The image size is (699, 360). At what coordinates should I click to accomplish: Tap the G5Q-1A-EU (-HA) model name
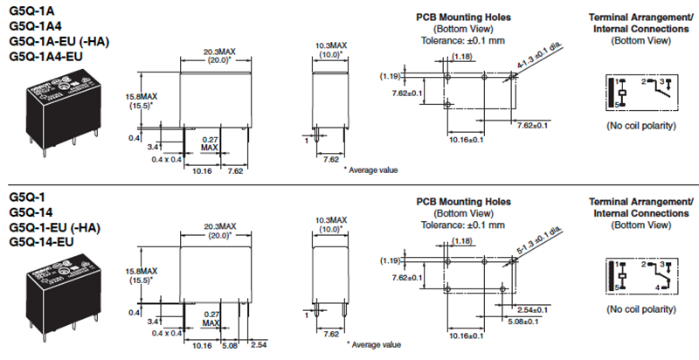54,40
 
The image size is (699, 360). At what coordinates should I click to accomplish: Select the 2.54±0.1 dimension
532,309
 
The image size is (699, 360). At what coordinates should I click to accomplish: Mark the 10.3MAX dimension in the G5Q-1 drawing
330,219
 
